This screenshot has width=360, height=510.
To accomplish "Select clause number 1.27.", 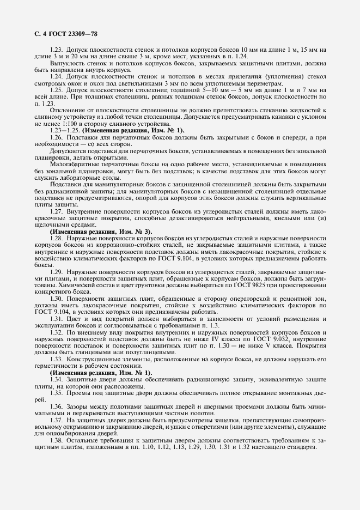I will pyautogui.click(x=57, y=210).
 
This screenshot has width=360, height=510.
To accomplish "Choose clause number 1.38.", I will pyautogui.click(x=57, y=439).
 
